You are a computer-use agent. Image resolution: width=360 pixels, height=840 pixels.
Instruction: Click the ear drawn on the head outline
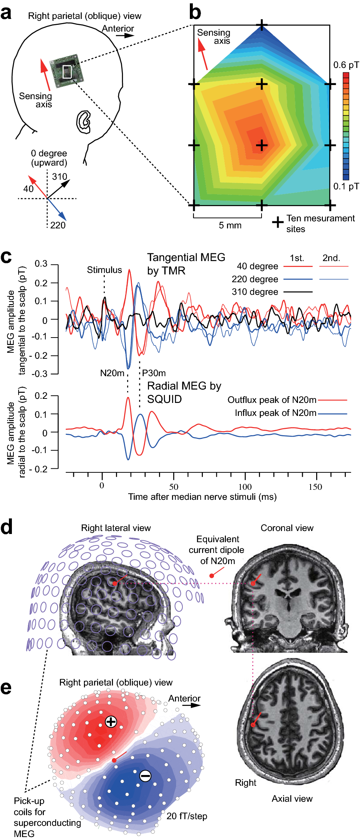tap(84, 121)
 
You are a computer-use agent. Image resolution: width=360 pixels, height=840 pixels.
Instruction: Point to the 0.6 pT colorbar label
tap(346, 65)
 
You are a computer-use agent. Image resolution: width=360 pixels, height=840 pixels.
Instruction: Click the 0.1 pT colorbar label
tap(346, 186)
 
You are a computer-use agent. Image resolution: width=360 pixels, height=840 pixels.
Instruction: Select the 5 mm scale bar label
tap(230, 225)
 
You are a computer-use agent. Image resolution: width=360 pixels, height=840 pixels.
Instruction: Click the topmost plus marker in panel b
tap(262, 26)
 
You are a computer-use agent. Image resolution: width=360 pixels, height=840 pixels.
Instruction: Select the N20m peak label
tap(112, 373)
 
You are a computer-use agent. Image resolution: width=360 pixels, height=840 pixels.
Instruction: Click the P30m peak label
tap(154, 373)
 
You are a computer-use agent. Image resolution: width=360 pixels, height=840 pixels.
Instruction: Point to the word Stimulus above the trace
tap(104, 270)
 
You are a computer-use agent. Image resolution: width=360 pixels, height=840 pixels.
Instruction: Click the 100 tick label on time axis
tap(245, 487)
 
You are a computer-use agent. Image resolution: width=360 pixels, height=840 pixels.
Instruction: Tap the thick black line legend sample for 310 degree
tap(298, 292)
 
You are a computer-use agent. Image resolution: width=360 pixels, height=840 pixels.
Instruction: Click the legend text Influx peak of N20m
tap(275, 413)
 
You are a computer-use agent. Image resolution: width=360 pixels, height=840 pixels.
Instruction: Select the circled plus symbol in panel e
tap(111, 722)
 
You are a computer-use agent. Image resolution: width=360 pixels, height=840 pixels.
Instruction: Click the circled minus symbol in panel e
tap(145, 775)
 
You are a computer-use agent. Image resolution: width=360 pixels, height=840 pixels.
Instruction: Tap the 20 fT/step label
tap(187, 816)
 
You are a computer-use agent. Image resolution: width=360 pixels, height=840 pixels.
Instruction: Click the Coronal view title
tap(287, 528)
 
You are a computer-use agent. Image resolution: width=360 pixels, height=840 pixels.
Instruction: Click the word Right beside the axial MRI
tap(246, 782)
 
